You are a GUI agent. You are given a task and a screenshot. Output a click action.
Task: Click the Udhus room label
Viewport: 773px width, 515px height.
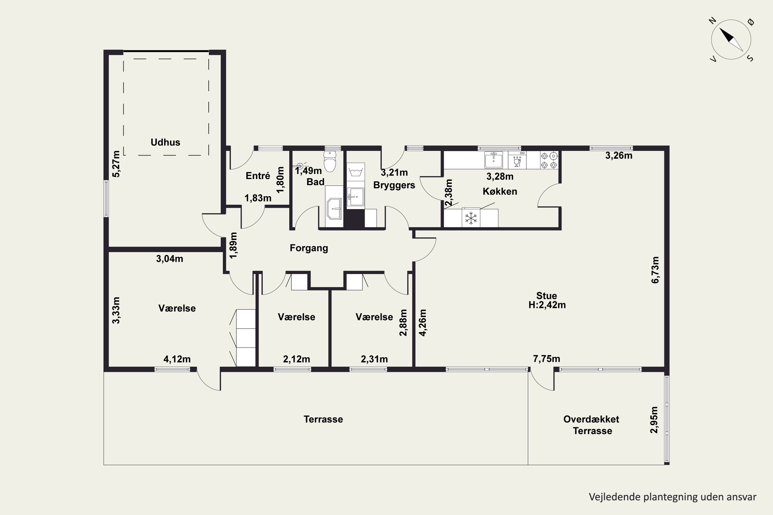(x=165, y=142)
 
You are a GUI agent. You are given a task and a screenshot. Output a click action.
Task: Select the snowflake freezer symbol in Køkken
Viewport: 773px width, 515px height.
(x=471, y=218)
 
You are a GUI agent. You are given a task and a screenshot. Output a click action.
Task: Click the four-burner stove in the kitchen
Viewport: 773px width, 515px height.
(x=549, y=160)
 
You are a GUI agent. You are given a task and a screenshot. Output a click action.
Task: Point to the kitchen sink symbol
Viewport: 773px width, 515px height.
(x=494, y=160)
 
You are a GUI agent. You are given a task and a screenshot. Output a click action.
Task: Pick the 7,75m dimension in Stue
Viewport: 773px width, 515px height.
(x=547, y=359)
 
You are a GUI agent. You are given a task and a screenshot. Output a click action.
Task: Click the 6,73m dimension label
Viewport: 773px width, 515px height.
(x=655, y=270)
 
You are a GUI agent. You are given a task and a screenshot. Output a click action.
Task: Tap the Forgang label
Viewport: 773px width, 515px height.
(x=309, y=248)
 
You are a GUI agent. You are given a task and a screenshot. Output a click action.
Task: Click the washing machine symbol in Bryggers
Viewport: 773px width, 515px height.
(x=356, y=171)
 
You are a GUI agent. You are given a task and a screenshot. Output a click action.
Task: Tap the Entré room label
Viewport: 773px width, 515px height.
(x=258, y=176)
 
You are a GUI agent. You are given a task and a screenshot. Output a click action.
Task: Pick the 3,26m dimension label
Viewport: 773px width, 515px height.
(x=619, y=155)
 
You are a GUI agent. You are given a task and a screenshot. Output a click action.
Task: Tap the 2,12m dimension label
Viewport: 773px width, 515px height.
(x=297, y=359)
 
